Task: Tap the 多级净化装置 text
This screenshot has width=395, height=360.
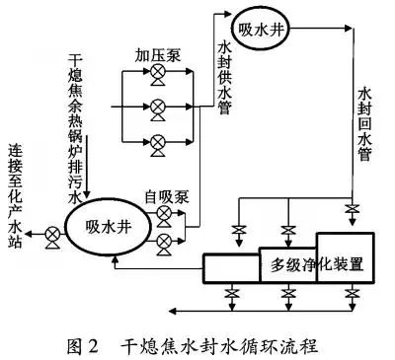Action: click(x=318, y=264)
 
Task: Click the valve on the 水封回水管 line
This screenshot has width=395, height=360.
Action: click(x=352, y=210)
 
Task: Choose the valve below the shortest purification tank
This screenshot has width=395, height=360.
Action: click(x=231, y=295)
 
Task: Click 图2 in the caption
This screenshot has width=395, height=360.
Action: click(x=84, y=346)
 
